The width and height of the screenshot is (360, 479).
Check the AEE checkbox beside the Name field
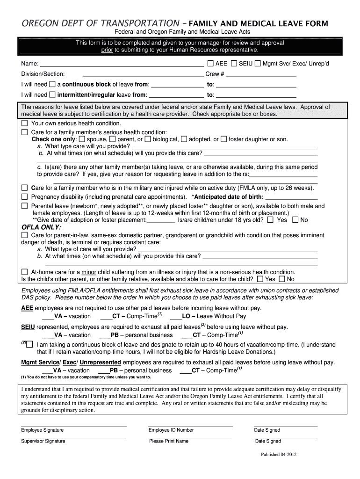210,63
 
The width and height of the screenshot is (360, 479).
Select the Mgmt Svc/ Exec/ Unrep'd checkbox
258,63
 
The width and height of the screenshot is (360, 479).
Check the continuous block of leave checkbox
53,85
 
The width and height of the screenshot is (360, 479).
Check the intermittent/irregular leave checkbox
53,95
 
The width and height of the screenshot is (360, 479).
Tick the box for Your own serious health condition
25,123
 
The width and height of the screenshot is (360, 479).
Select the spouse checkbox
82,139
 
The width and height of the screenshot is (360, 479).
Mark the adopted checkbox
184,139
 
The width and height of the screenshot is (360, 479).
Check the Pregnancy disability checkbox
25,197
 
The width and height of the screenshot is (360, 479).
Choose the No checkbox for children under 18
295,220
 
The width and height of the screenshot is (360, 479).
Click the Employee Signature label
43,430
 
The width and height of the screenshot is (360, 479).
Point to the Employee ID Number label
171,430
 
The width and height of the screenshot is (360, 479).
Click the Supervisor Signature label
43,441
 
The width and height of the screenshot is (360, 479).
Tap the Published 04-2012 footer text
278,454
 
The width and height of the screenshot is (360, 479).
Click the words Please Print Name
169,441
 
